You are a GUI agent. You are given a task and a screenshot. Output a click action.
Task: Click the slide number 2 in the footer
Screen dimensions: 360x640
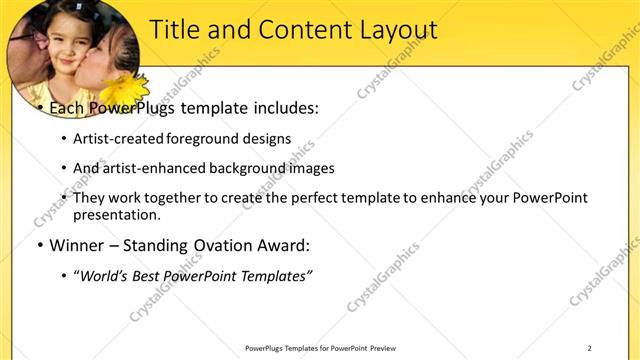[589, 347]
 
